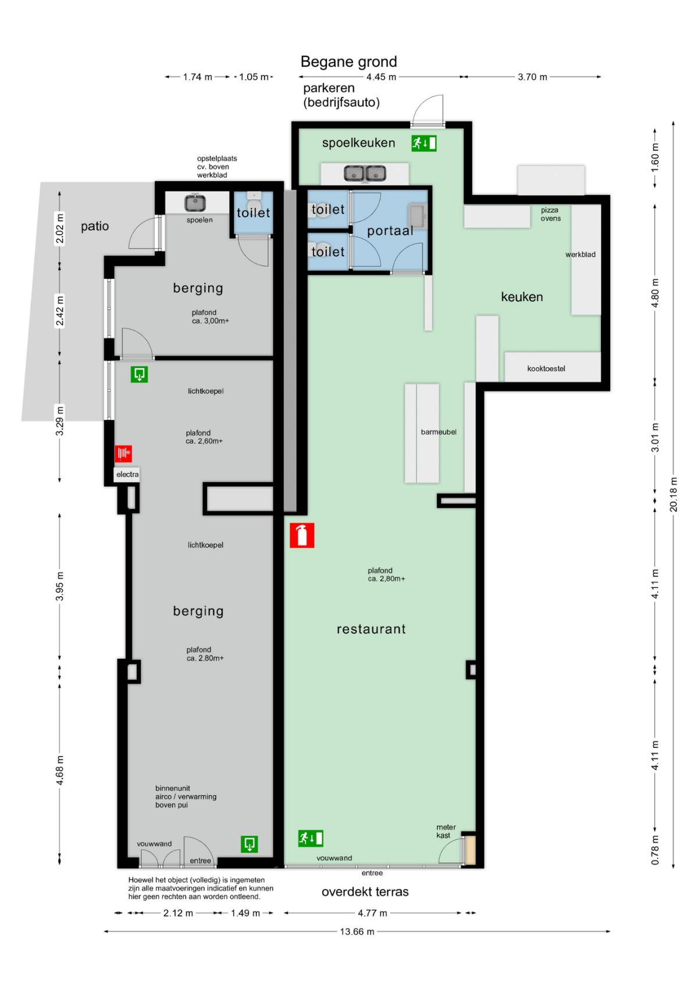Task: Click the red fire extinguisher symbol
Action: click(x=302, y=535)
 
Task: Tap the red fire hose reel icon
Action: click(x=123, y=453)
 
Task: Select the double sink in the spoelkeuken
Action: click(x=365, y=173)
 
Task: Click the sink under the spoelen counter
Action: click(x=195, y=203)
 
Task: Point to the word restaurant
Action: click(x=371, y=629)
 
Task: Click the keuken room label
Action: click(x=522, y=297)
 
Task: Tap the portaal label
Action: click(x=390, y=231)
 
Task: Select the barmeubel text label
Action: click(x=439, y=432)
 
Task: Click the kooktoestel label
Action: click(x=546, y=368)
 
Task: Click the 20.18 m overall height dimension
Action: click(x=673, y=494)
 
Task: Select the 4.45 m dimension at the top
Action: click(x=381, y=77)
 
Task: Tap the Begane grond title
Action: click(x=348, y=62)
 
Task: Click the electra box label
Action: click(x=127, y=475)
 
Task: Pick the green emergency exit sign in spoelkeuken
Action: click(x=424, y=143)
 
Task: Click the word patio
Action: click(x=95, y=226)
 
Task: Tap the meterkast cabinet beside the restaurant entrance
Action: click(x=470, y=850)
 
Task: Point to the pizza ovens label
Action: click(x=551, y=214)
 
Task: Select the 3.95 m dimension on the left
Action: click(x=59, y=586)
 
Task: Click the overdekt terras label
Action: click(x=365, y=892)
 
